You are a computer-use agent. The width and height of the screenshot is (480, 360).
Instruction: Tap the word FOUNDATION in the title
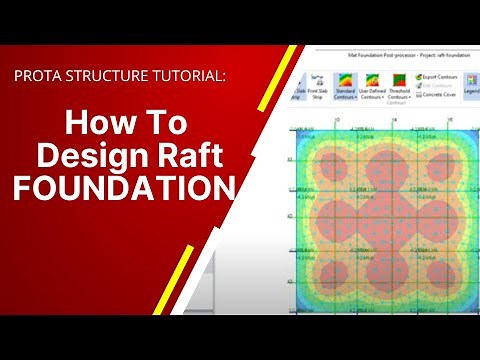(x=124, y=188)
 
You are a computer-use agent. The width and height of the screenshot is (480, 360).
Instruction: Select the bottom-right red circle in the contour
(x=441, y=272)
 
